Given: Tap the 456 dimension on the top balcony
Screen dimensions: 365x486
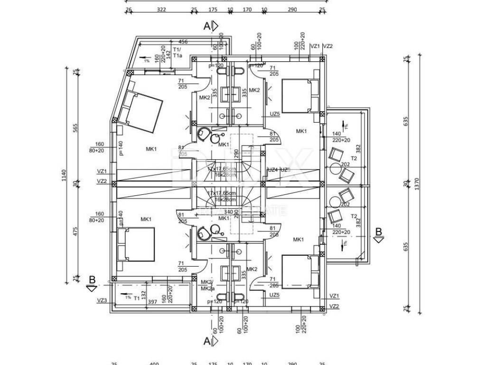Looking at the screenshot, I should coord(183,42).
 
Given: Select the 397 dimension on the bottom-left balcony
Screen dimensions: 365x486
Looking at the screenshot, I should coord(152,302).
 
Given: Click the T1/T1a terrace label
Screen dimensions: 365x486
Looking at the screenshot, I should coord(178,53).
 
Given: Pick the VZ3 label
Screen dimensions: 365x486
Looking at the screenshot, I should coord(102,300).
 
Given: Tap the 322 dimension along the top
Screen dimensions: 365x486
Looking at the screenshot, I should coord(161,10).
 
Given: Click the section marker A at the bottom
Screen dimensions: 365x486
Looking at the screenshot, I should coord(207,341).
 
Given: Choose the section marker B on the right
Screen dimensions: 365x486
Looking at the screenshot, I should coord(378,231).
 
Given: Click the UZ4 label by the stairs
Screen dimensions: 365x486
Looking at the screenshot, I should coord(272,170).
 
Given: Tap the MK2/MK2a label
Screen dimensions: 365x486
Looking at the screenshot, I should coord(206,285).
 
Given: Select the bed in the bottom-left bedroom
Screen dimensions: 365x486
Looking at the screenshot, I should coord(137,244).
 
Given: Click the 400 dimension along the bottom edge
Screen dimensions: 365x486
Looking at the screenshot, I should coord(154,364).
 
